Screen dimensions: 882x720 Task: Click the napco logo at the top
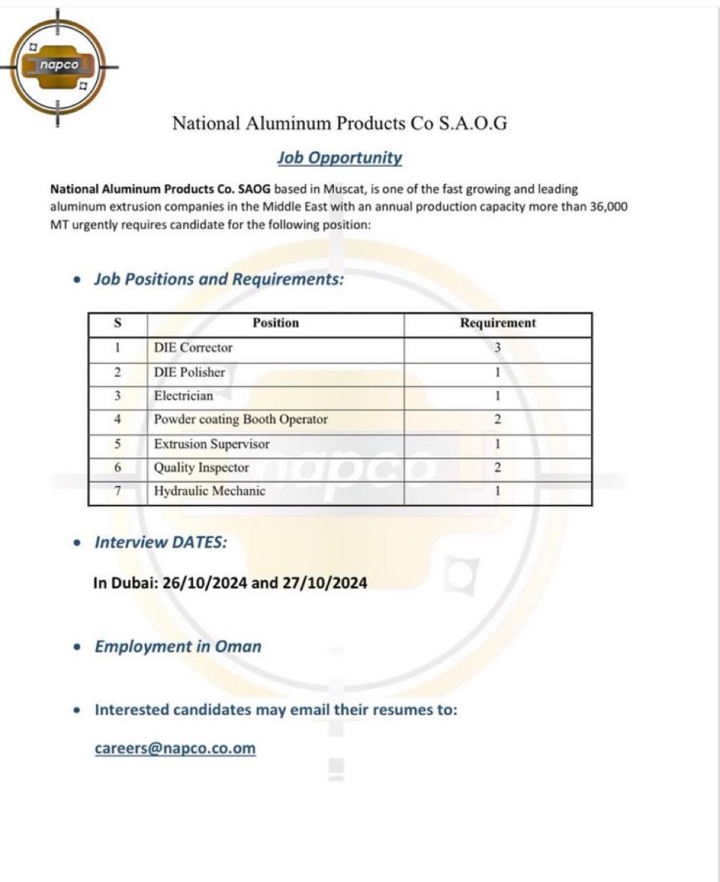coord(59,68)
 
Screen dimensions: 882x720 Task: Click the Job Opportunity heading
coord(339,158)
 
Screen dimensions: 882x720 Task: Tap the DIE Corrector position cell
coord(193,348)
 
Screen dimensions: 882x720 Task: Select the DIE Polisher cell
coord(189,372)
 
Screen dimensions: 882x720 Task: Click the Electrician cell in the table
coord(183,396)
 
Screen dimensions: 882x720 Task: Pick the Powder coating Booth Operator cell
coord(240,420)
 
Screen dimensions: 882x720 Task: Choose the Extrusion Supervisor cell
coord(211,444)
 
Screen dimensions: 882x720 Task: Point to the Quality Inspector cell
coord(201,468)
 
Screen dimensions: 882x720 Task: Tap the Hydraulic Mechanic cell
coord(209,492)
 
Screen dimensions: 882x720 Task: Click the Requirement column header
coord(498,323)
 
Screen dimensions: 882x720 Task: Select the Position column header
coord(276,323)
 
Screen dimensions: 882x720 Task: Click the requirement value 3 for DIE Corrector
coord(498,348)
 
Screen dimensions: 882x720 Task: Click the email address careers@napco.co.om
coord(175,748)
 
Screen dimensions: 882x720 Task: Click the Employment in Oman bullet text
coord(178,647)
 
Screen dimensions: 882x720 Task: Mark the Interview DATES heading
coord(161,542)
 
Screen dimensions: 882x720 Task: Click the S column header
coord(118,323)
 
